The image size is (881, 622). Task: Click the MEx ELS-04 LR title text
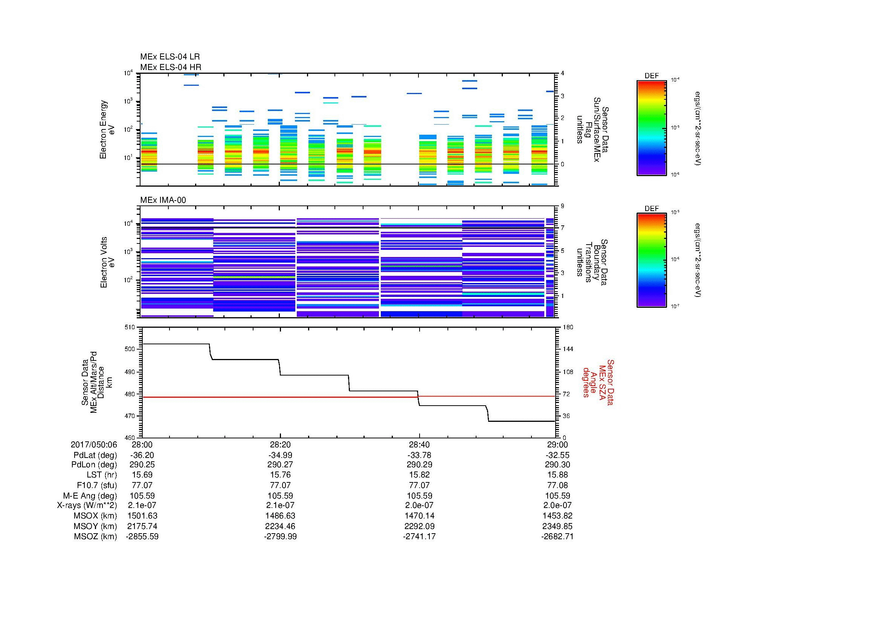click(x=169, y=57)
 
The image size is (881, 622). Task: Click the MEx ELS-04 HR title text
click(x=170, y=67)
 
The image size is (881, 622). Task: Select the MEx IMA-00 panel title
click(x=163, y=200)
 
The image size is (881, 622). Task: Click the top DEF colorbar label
click(x=651, y=76)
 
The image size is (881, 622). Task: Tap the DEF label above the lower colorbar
click(x=651, y=208)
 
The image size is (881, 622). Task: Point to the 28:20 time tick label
click(x=280, y=444)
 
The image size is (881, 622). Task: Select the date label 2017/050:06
click(x=94, y=444)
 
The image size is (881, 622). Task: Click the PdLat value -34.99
click(x=280, y=455)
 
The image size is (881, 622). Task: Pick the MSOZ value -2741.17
click(x=419, y=537)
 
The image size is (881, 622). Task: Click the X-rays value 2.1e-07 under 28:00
click(x=142, y=505)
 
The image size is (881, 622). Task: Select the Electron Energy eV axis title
click(x=107, y=129)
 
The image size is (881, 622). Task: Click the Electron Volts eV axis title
click(x=107, y=263)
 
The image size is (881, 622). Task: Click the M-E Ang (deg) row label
click(x=90, y=496)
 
